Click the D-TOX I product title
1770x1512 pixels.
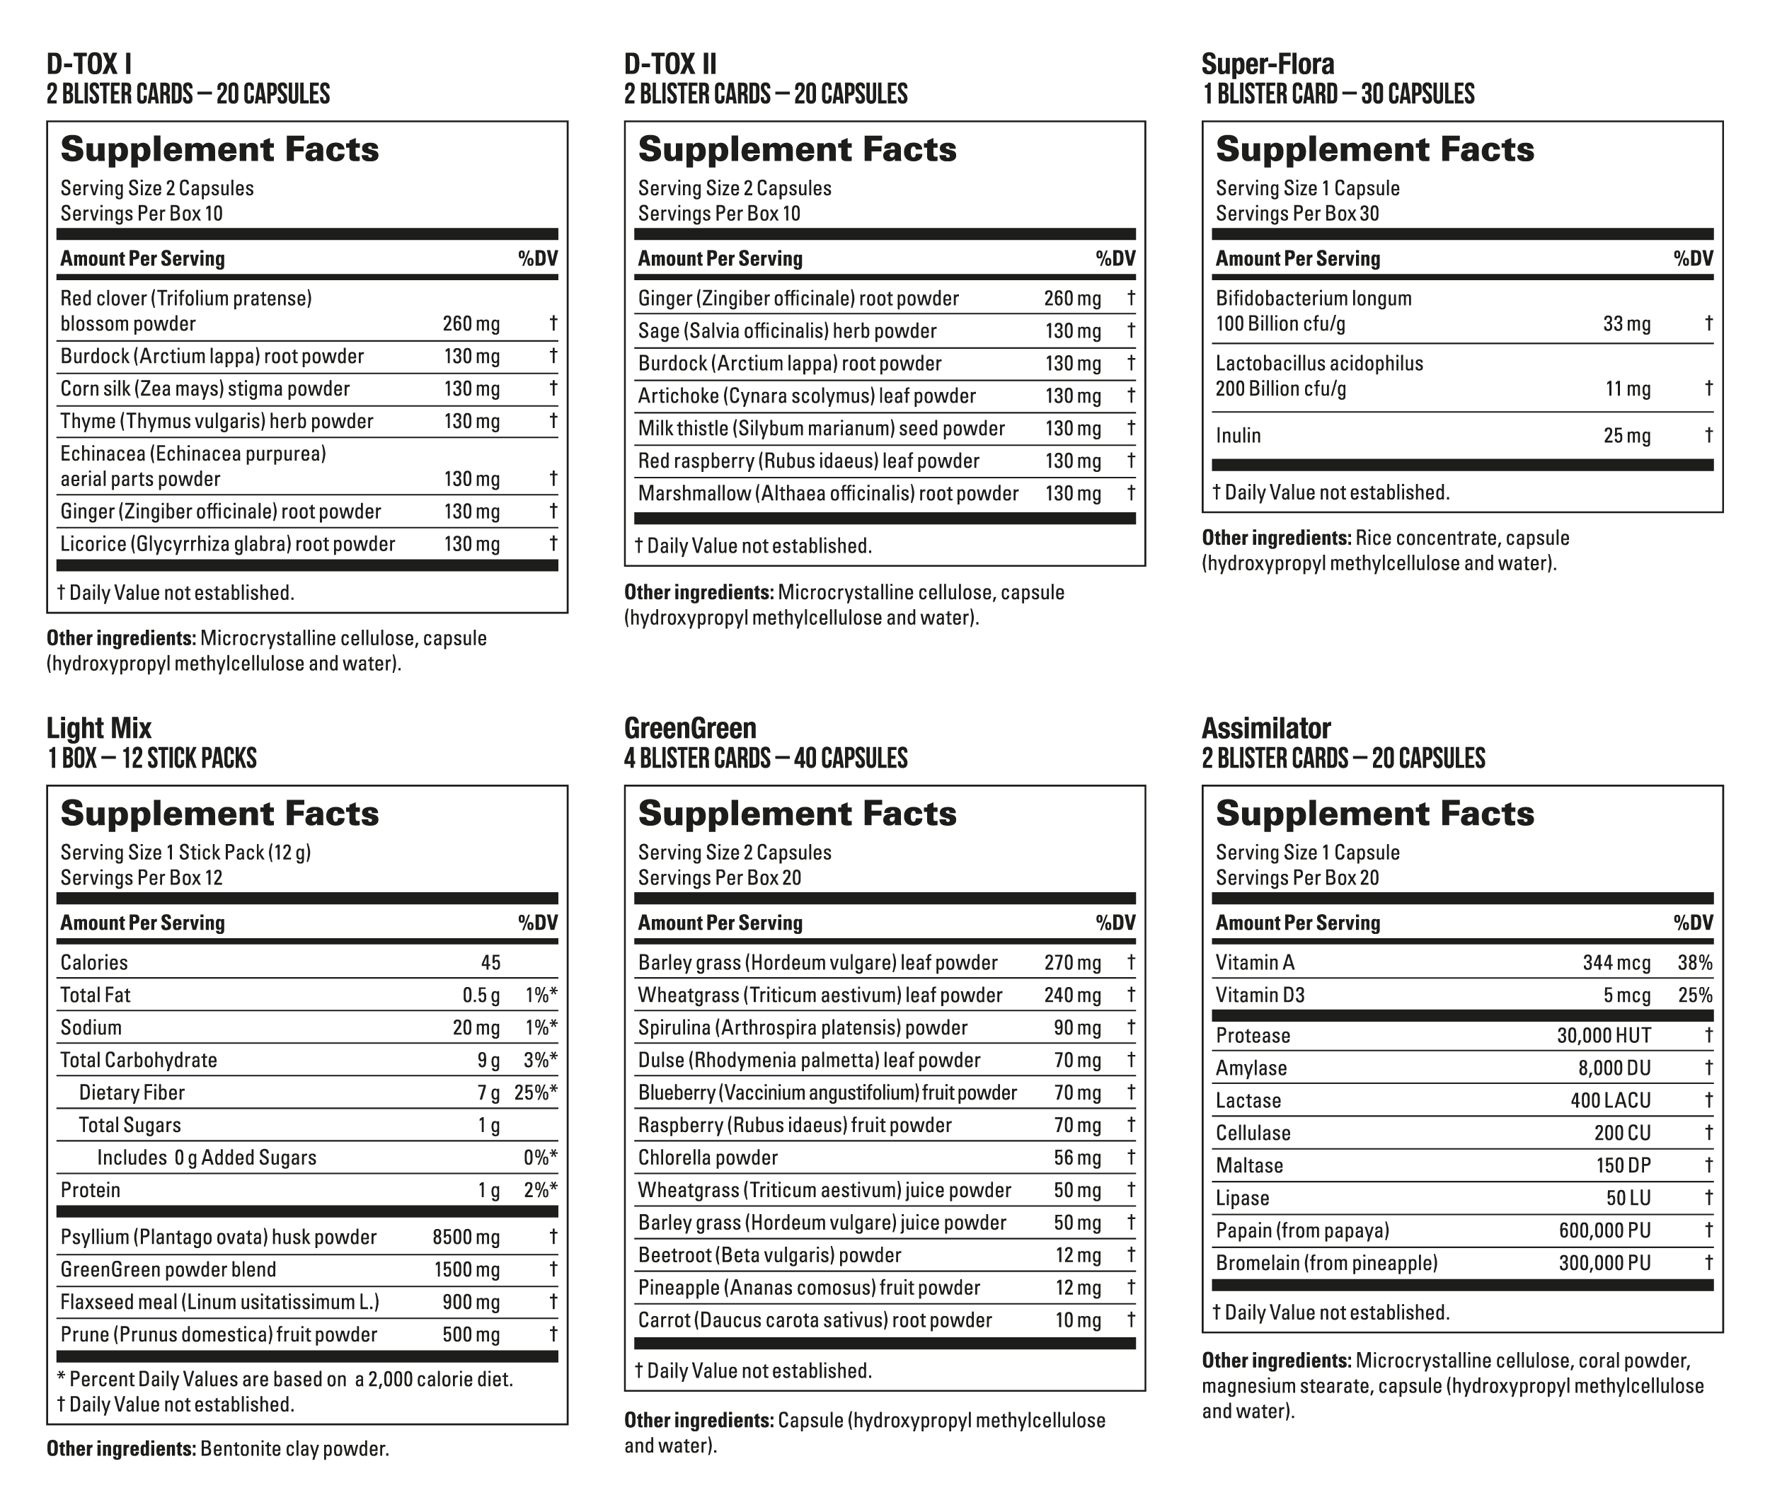point(89,64)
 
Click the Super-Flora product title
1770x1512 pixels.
point(1267,64)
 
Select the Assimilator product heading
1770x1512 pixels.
point(1265,728)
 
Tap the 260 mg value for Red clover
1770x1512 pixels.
point(471,324)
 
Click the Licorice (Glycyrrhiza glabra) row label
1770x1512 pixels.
point(227,544)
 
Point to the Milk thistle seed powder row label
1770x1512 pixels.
point(821,428)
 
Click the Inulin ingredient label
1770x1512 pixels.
point(1238,436)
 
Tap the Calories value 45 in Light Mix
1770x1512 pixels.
point(490,963)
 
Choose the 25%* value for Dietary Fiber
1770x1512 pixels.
point(536,1092)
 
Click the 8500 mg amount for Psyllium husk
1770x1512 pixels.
point(466,1237)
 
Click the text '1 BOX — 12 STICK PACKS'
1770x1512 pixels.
point(151,758)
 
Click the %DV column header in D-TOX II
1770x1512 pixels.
point(1115,259)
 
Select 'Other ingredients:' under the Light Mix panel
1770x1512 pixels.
point(120,1449)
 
